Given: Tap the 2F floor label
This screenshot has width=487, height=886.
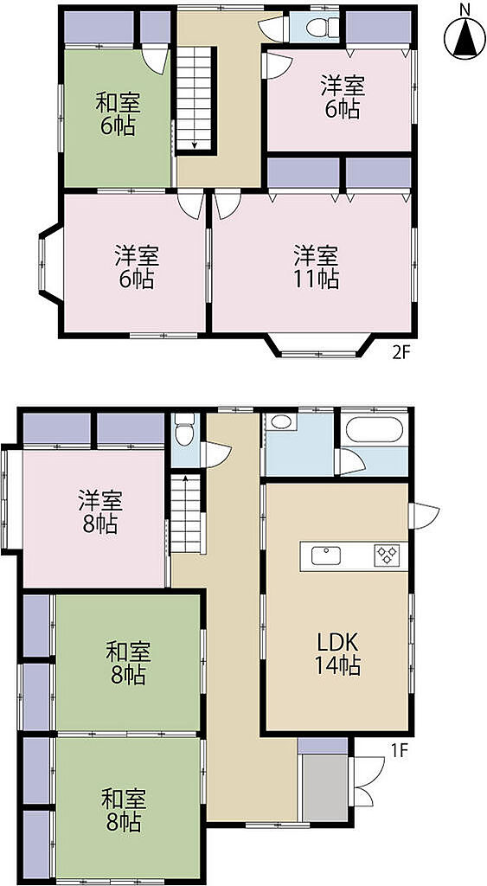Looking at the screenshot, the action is click(400, 353).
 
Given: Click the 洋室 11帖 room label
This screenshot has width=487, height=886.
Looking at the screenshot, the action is click(316, 266).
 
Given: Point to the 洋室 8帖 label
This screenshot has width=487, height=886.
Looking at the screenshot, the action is click(100, 512).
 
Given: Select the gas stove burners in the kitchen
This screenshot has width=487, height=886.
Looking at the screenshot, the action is click(387, 555).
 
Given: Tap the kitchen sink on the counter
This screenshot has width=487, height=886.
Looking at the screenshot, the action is click(327, 555).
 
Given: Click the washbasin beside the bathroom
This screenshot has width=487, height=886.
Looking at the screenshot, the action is click(281, 421).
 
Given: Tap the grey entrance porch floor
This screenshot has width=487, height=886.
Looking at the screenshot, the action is click(325, 787).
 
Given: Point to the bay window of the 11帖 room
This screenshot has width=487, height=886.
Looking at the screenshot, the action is click(320, 345).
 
